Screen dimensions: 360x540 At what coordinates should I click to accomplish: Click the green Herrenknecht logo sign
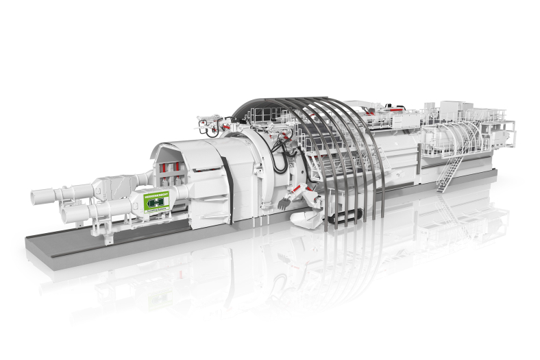point(156,203)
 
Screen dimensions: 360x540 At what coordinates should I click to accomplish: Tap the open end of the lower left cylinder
point(66,216)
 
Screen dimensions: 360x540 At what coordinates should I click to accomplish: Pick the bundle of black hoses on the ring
point(280,155)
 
